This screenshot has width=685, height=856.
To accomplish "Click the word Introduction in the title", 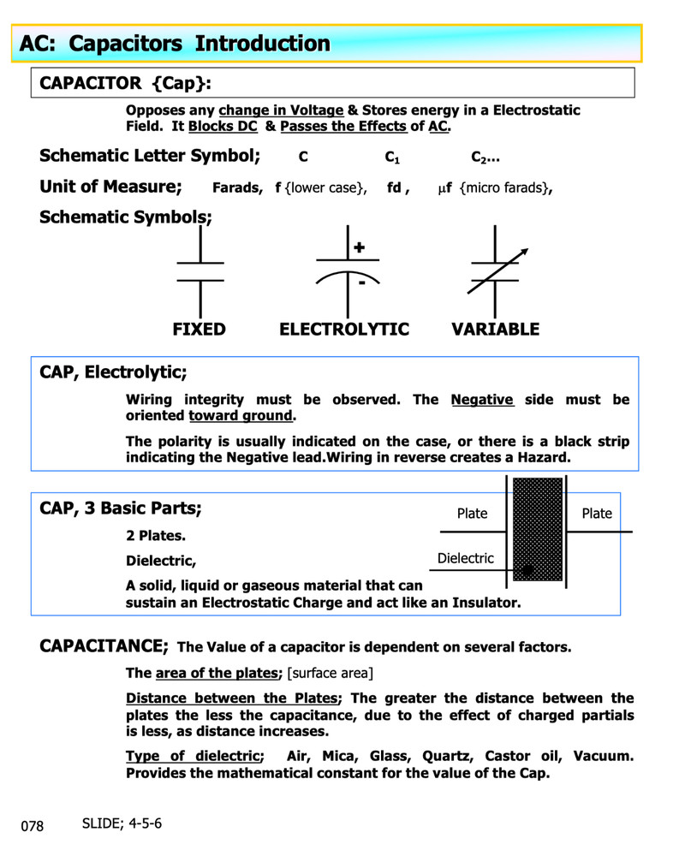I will [x=262, y=44].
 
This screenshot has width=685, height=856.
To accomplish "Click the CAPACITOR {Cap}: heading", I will [x=124, y=83].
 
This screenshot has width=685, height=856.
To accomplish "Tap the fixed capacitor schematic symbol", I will [x=200, y=272].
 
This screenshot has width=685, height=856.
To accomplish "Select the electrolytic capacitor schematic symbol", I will [x=348, y=272].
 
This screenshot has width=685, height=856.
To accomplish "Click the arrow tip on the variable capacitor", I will [x=526, y=251].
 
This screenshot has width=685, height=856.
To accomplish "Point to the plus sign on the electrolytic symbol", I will [x=360, y=247].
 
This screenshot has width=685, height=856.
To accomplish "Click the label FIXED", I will [x=199, y=330].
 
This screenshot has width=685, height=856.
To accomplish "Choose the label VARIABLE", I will [x=495, y=330].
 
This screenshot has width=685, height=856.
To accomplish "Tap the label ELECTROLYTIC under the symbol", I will [x=344, y=330].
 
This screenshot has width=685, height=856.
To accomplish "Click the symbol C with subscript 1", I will [x=392, y=158].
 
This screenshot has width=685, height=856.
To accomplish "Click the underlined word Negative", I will [x=482, y=400].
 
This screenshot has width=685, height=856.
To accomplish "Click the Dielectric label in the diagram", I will [x=465, y=558].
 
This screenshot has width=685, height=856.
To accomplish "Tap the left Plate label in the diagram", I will [x=472, y=514].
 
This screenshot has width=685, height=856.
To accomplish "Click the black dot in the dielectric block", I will [x=528, y=570].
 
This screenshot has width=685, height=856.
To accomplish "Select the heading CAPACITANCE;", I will [x=104, y=645].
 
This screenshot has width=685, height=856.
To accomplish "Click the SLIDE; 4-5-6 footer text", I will [x=122, y=823].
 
